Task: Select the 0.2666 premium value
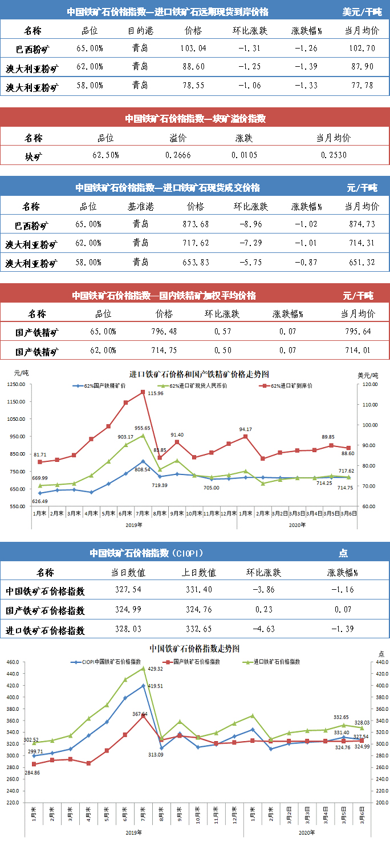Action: pos(178,155)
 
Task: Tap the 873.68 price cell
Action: pos(196,224)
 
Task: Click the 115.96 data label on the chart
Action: pos(155,393)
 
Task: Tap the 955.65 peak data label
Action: pos(143,428)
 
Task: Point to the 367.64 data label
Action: pos(140,714)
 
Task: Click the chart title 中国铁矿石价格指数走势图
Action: pos(194,649)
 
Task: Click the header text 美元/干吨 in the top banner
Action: pos(362,11)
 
